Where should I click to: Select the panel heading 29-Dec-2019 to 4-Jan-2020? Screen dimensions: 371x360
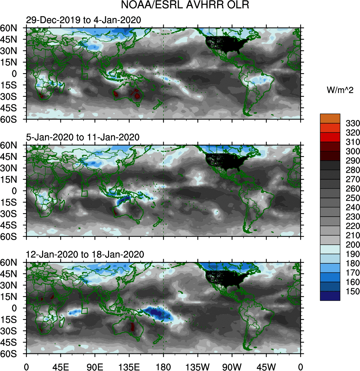point(83,20)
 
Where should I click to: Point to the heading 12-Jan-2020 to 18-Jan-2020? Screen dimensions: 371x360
point(85,254)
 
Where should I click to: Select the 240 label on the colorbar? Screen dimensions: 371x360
point(351,207)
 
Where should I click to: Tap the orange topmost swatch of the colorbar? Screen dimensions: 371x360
point(330,118)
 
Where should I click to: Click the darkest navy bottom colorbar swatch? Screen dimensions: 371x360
point(330,296)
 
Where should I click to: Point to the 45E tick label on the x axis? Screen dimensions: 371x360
point(60,366)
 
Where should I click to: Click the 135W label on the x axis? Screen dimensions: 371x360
point(197,366)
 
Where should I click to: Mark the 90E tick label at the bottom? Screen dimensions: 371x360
point(95,366)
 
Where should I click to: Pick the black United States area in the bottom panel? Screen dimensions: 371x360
point(223,280)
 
